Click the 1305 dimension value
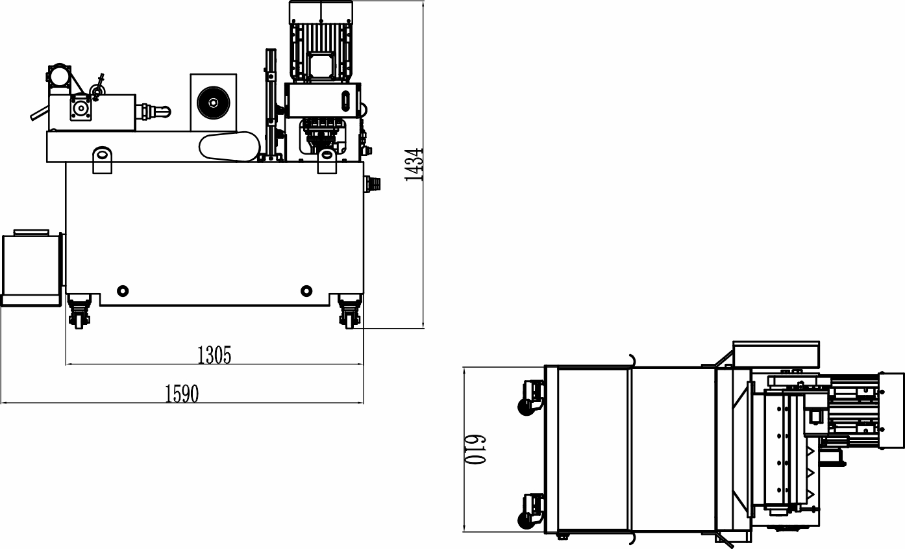pyautogui.click(x=214, y=355)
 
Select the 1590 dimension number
pyautogui.click(x=182, y=394)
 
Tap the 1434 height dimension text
pyautogui.click(x=414, y=165)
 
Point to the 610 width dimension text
pyautogui.click(x=475, y=450)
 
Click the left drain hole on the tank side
pyautogui.click(x=123, y=290)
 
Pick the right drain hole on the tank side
pyautogui.click(x=306, y=290)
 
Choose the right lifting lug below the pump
pyautogui.click(x=327, y=161)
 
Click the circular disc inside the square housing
pyautogui.click(x=214, y=103)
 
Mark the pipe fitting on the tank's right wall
pyautogui.click(x=373, y=183)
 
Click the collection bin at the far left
pyautogui.click(x=32, y=268)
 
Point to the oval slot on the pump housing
pyautogui.click(x=347, y=101)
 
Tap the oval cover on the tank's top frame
pyautogui.click(x=229, y=146)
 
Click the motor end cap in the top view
pyautogui.click(x=891, y=411)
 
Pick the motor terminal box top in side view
pyautogui.click(x=321, y=12)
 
